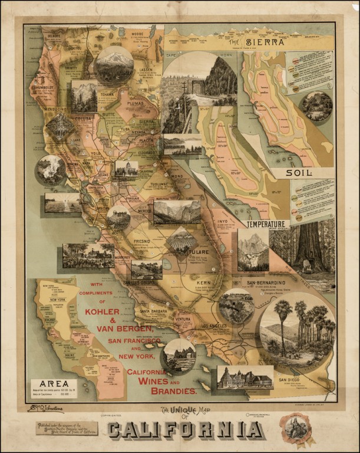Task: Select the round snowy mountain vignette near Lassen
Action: [114, 64]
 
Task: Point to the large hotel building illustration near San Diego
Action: [245, 377]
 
